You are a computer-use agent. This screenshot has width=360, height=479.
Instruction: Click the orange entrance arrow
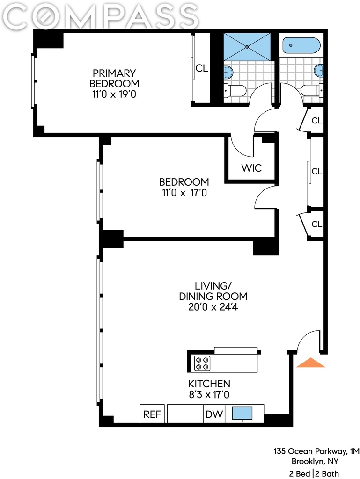point(311,363)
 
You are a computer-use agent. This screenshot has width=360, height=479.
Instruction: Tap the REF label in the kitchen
point(152,414)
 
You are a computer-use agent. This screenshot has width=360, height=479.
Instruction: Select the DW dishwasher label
point(214,414)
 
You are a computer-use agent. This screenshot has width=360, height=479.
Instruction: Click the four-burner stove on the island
point(202,363)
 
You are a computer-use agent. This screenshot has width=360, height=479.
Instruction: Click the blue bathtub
point(301,45)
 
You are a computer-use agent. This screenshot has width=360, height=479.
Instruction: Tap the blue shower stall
point(247,47)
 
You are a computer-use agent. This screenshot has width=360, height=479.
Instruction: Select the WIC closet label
point(251,168)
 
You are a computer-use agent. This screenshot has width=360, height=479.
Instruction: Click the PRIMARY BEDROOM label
point(114,78)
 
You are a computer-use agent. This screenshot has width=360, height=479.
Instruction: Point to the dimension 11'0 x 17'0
point(184,193)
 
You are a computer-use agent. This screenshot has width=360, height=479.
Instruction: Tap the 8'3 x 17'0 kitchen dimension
point(209,395)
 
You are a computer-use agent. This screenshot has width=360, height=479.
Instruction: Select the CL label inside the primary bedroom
point(202,68)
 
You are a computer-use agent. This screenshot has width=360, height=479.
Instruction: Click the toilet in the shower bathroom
point(235,90)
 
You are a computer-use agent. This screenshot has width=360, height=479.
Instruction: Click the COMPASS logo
point(100,16)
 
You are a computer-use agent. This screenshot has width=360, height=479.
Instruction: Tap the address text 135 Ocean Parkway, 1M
point(316,451)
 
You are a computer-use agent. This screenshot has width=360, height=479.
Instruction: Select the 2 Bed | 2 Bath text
point(314,474)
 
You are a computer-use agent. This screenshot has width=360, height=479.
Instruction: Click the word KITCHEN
point(209,384)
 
